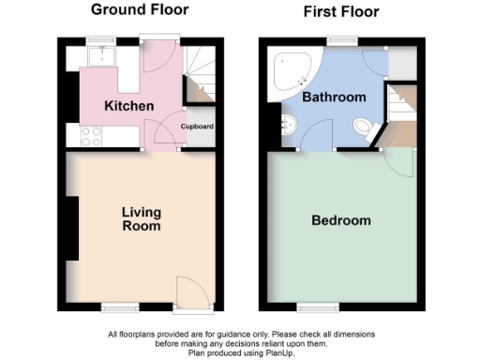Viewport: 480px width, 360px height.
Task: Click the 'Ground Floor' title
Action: (139, 10)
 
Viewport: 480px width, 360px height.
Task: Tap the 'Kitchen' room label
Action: (129, 106)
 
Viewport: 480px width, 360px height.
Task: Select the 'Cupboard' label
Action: (198, 126)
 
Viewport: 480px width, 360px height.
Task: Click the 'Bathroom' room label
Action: (334, 97)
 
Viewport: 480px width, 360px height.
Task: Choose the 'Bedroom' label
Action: (340, 221)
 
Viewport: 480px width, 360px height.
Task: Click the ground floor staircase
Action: (199, 76)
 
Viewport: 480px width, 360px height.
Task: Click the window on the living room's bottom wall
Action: (117, 307)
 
